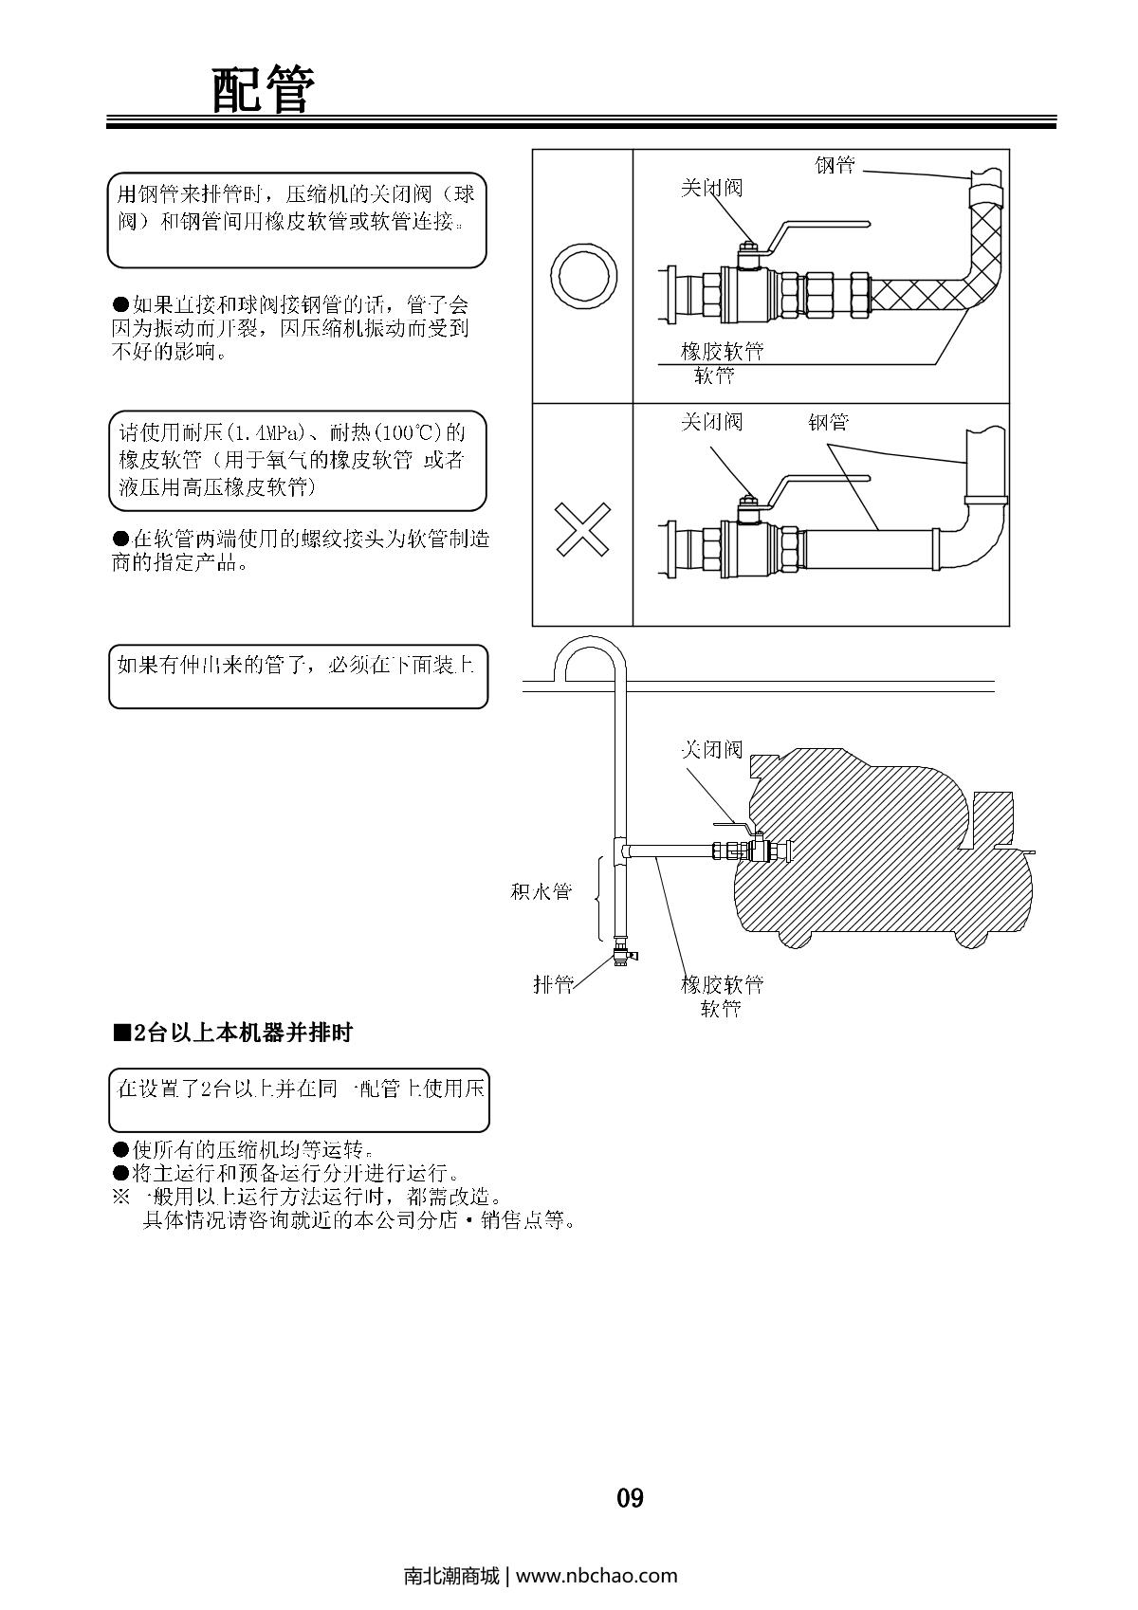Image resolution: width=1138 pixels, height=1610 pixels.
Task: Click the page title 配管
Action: click(x=261, y=91)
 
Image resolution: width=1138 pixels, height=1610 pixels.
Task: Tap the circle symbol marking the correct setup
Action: click(x=582, y=277)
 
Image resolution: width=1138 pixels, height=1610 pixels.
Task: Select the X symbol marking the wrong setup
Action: click(x=581, y=528)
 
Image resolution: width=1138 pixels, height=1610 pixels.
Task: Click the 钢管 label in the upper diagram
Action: click(x=835, y=166)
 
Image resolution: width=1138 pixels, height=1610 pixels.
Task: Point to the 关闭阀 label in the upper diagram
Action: click(x=711, y=188)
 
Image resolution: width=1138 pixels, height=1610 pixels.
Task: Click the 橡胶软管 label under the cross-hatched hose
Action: click(x=722, y=352)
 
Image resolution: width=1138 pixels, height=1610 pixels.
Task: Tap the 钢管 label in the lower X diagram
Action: click(x=828, y=422)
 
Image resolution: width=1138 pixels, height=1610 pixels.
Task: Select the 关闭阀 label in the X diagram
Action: click(x=711, y=422)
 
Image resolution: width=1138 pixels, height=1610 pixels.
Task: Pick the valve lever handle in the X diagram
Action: click(x=820, y=478)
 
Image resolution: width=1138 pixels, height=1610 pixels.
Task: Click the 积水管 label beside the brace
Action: click(x=541, y=892)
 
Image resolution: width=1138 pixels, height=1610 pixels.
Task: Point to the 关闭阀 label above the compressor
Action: click(x=711, y=750)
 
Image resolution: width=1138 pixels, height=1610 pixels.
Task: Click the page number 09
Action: click(x=630, y=1498)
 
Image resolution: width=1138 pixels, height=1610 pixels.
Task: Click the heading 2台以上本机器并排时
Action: click(x=233, y=1033)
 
